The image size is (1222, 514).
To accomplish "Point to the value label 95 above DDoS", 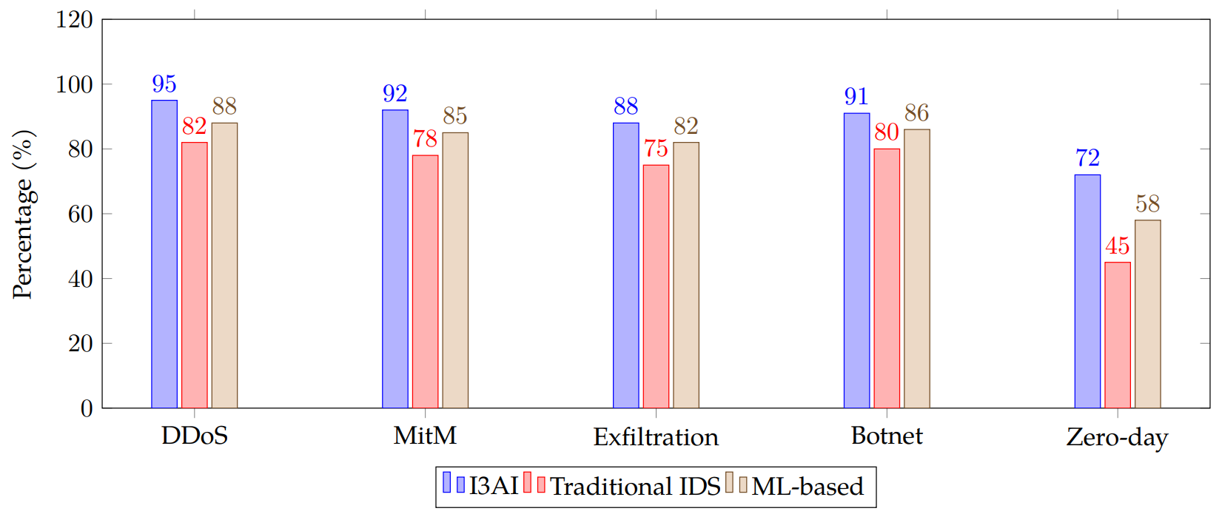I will tap(164, 84).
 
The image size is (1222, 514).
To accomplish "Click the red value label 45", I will tap(1117, 246).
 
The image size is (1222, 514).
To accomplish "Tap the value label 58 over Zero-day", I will tap(1147, 204).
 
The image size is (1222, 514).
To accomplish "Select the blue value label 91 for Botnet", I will tap(856, 97).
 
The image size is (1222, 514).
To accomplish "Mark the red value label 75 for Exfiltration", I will tap(656, 149).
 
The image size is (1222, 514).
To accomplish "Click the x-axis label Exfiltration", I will tap(656, 437).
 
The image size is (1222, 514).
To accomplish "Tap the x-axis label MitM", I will tap(425, 436).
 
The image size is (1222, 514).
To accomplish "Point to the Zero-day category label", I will tap(1117, 437).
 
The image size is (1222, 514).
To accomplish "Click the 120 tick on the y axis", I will tap(74, 20).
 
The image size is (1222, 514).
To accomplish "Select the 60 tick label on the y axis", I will tap(81, 214).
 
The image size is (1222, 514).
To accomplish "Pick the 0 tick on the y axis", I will tap(87, 408).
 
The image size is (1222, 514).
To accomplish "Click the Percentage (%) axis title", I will tap(23, 214).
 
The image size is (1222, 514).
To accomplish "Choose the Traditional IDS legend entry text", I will tap(635, 487).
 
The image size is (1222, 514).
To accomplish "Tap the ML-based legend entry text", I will tap(808, 487).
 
